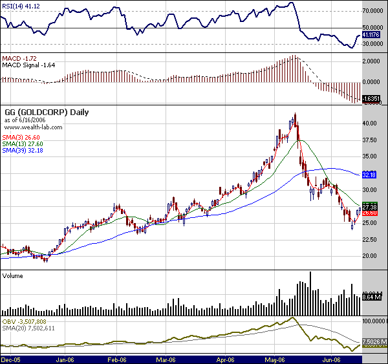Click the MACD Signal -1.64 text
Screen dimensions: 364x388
[29, 64]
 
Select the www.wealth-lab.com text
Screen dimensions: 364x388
[33, 127]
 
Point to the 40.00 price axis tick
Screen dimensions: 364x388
[370, 123]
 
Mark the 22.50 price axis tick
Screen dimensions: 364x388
[370, 240]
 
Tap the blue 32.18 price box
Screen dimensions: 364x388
[369, 175]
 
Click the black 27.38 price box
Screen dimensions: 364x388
[369, 206]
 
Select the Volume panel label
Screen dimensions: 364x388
[14, 275]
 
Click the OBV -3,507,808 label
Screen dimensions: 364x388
[25, 320]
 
